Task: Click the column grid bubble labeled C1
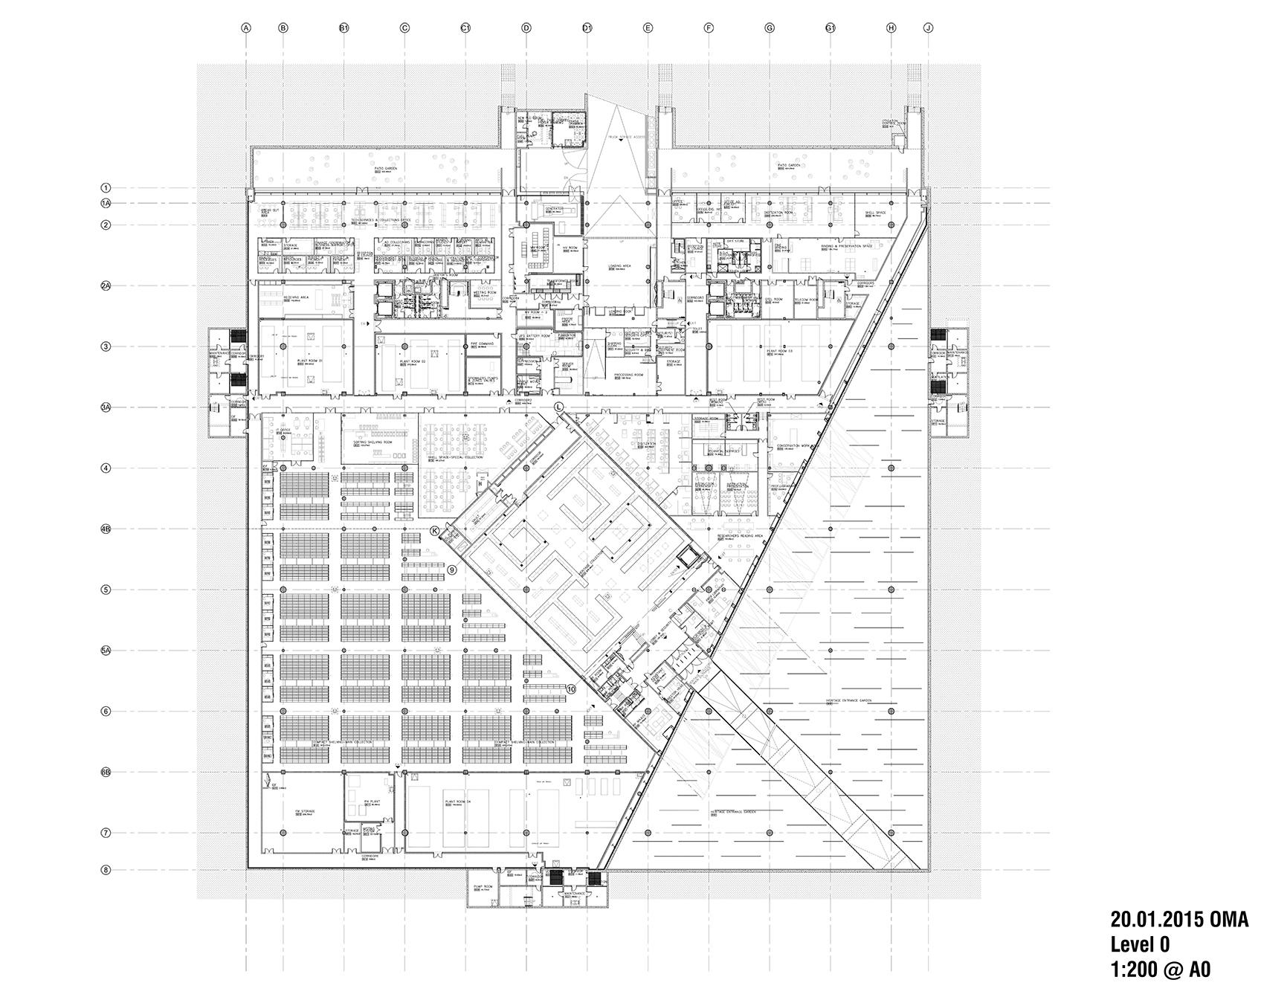[x=465, y=28]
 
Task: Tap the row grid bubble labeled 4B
[x=106, y=529]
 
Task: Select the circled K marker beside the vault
[x=435, y=530]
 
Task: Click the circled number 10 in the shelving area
[x=570, y=689]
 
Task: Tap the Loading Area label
[x=619, y=265]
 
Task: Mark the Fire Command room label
[x=481, y=344]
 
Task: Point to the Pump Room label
[x=484, y=887]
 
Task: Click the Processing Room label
[x=630, y=375]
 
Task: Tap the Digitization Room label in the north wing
[x=778, y=212]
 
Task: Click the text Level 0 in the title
[x=1140, y=944]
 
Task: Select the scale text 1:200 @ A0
[x=1160, y=970]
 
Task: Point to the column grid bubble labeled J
[x=928, y=28]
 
